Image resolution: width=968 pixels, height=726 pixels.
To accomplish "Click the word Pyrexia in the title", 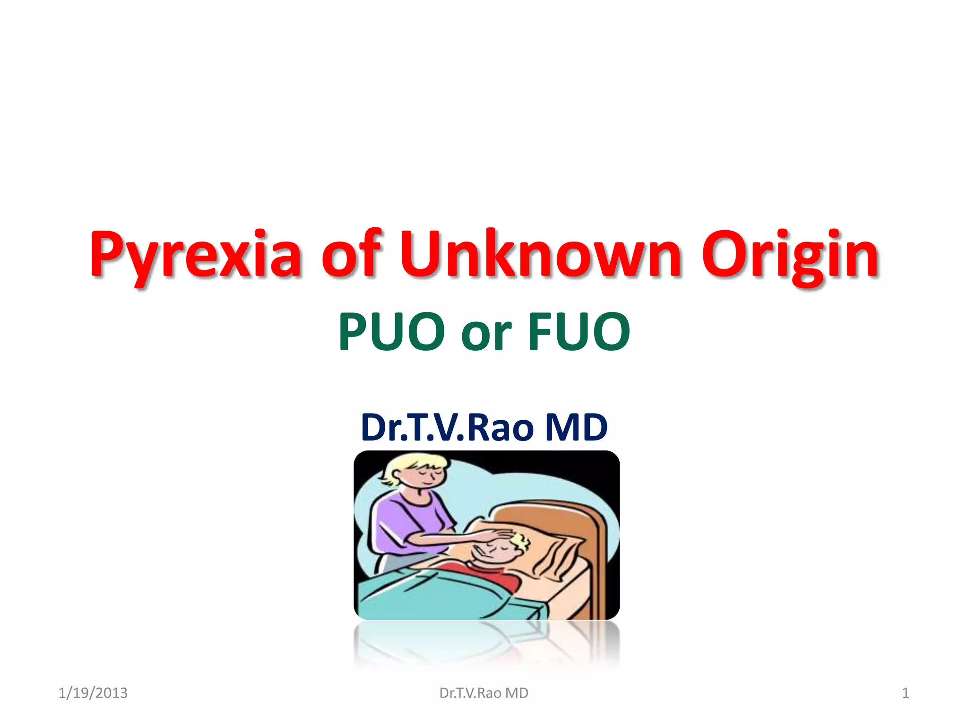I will click(x=195, y=255).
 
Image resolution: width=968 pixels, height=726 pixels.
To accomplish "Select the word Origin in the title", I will click(x=790, y=255).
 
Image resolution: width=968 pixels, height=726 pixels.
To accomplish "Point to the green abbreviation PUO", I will click(x=391, y=332).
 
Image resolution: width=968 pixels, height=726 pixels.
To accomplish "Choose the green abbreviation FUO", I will click(x=579, y=332).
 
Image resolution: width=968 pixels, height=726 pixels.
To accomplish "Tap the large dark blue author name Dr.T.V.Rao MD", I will click(x=484, y=427).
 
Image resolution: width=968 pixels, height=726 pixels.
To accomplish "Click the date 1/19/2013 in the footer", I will click(x=93, y=693).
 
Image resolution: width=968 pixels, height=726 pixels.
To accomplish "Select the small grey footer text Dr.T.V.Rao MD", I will click(x=484, y=693).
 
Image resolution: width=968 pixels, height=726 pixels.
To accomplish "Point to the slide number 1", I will click(x=905, y=693).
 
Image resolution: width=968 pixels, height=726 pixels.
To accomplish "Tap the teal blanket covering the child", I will click(x=425, y=596).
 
